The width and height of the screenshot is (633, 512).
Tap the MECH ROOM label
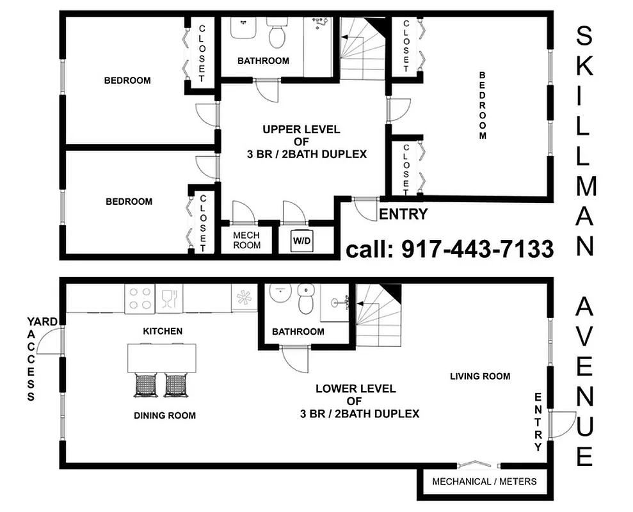[x=246, y=240]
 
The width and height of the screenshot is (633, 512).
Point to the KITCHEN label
[x=163, y=331]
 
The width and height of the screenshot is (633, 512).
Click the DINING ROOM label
[x=164, y=415]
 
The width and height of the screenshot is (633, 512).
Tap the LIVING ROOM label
[x=479, y=376]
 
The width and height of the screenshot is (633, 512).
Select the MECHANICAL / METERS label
[x=484, y=481]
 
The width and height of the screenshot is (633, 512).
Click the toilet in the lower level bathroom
[x=306, y=300]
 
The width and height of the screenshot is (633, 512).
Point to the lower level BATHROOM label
[x=298, y=332]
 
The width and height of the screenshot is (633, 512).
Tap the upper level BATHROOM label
[x=263, y=61]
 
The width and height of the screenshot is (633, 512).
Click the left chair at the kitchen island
[x=145, y=385]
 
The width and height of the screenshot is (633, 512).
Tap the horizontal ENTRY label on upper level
[x=403, y=214]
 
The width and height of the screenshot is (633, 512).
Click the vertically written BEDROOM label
[x=483, y=105]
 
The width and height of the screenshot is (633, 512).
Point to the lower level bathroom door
[x=294, y=358]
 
